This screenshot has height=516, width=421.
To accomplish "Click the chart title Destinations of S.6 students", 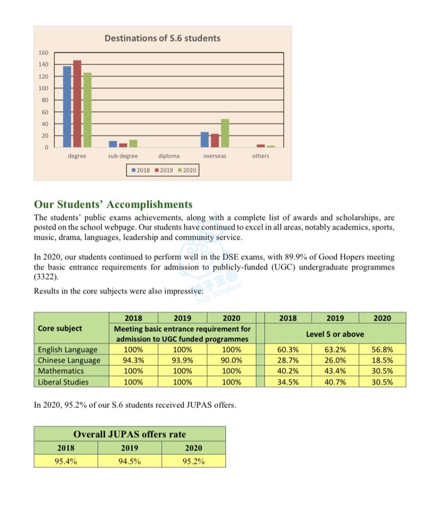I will pos(162,38).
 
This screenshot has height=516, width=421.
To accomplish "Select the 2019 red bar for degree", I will pos(77,104).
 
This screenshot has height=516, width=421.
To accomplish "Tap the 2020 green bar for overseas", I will pos(225,133).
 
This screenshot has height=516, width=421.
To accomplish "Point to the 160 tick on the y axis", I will pos(43,53).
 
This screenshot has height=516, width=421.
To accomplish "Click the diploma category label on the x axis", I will pos(169,156).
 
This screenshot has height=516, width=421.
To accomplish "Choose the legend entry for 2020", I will pos(187,170).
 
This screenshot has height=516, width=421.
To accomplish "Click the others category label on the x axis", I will pos(261,156).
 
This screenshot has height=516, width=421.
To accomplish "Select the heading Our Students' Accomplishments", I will pos(113,204).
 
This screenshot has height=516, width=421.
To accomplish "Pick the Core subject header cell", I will pos(60,329).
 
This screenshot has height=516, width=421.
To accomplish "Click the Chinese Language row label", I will pos(69,361).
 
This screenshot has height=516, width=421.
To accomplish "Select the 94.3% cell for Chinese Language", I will pos(133,361).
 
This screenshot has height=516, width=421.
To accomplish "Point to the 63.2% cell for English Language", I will pos(335,350).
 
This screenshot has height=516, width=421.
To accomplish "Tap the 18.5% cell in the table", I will pos(382,361).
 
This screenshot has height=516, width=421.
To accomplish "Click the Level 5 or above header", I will pos(335,334).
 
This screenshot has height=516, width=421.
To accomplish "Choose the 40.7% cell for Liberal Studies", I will pos(335,382).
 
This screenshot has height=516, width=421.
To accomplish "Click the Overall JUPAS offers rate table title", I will pos(129,434).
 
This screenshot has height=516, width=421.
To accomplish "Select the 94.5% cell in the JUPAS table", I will pos(129,461).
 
